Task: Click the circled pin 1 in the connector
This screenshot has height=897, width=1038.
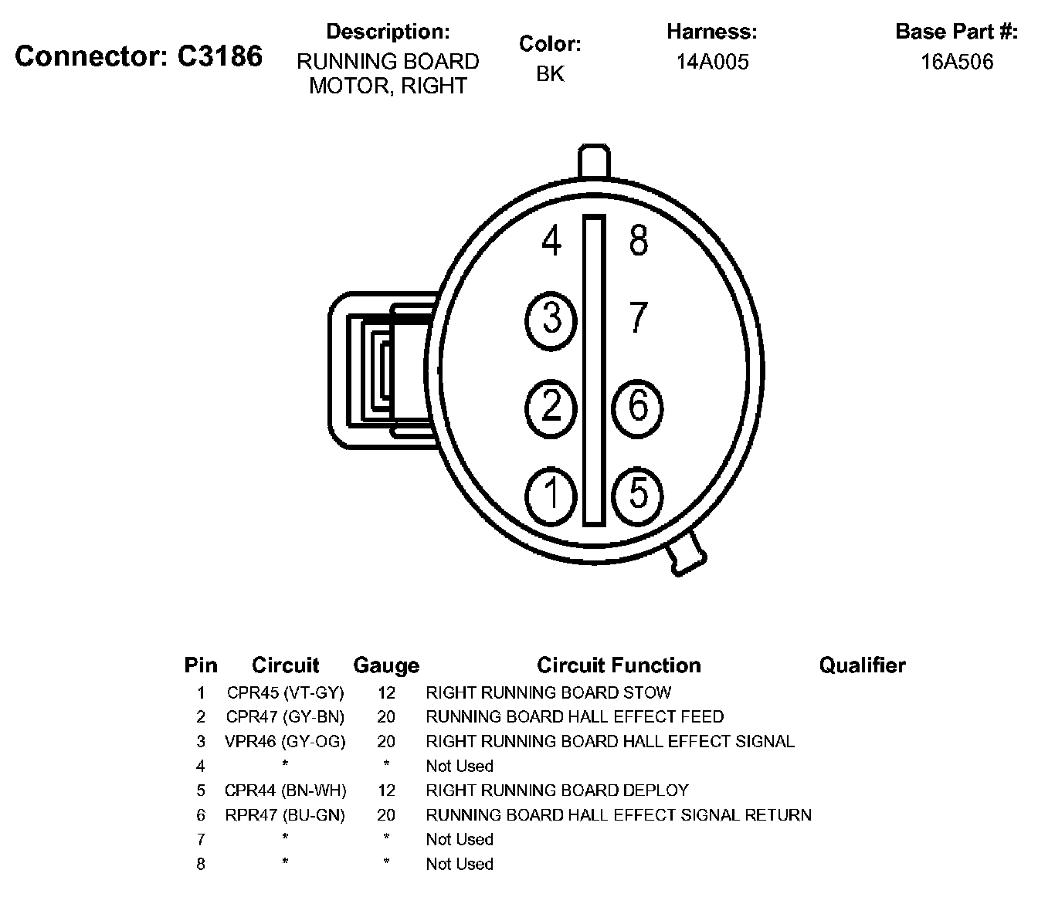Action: (551, 494)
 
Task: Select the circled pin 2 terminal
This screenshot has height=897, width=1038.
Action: (551, 406)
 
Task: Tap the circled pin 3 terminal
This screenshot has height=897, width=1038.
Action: (551, 318)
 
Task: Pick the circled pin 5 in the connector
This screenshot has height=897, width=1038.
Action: (637, 494)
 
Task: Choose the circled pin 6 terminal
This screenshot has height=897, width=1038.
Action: (637, 406)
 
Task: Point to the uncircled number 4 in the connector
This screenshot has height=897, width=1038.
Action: (551, 242)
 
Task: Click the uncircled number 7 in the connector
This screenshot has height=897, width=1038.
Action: (637, 317)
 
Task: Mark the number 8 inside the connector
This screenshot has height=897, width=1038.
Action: (638, 241)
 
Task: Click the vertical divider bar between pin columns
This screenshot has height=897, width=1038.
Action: (593, 371)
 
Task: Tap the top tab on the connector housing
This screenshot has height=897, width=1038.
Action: (594, 161)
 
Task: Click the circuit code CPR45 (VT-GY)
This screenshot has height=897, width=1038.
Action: (285, 692)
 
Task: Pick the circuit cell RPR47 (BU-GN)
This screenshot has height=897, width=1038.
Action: (285, 814)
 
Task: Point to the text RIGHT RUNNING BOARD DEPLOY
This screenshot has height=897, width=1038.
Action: (557, 790)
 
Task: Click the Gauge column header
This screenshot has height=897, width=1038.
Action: (386, 665)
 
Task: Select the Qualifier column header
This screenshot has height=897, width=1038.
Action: (862, 665)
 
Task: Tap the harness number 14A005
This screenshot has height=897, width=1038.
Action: (712, 62)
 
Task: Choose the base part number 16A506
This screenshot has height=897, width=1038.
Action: (956, 62)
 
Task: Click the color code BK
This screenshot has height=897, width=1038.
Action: (550, 74)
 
